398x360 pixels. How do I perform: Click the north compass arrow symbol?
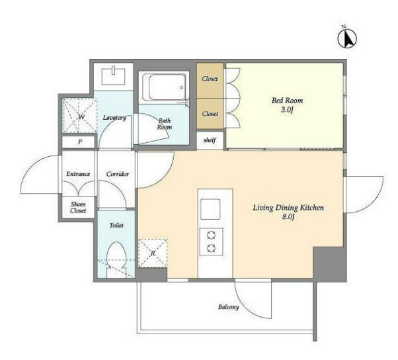point(347,38)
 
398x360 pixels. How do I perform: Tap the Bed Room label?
point(287,101)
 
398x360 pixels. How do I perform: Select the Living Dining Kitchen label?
point(288,208)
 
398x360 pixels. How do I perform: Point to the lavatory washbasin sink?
point(114,76)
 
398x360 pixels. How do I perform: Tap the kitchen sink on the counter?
point(210,209)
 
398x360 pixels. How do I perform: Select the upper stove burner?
point(211,236)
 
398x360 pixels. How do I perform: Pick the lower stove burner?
point(211,248)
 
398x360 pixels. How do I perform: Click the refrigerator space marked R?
point(153,253)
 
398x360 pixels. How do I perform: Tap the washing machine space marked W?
point(80,116)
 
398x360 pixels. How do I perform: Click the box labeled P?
point(79,142)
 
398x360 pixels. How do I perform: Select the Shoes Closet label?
point(78,207)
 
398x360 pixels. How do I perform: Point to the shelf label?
point(210,140)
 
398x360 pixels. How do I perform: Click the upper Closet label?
point(210,79)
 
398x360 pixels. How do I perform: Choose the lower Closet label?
point(210,114)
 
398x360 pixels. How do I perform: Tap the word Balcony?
point(229,307)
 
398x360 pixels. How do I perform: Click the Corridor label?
point(118,174)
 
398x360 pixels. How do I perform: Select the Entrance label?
point(78,174)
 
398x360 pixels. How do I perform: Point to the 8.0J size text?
point(288,218)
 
